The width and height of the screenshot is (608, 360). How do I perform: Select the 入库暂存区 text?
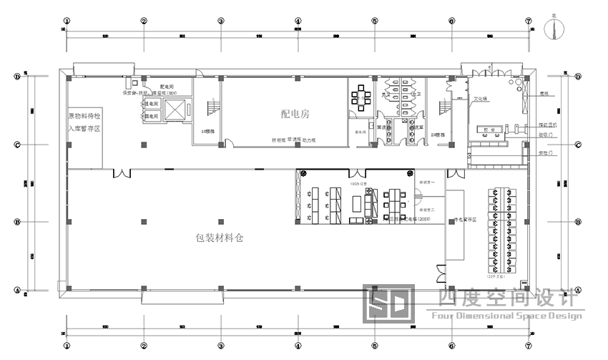click(x=85, y=129)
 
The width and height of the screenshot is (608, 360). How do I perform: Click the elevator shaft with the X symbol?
click(x=174, y=110)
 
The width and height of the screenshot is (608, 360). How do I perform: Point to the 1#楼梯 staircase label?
click(x=208, y=131)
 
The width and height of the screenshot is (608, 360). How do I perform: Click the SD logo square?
click(x=388, y=303)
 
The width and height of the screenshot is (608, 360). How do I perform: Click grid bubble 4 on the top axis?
click(x=297, y=21)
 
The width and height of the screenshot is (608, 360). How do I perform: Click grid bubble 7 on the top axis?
click(x=529, y=21)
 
